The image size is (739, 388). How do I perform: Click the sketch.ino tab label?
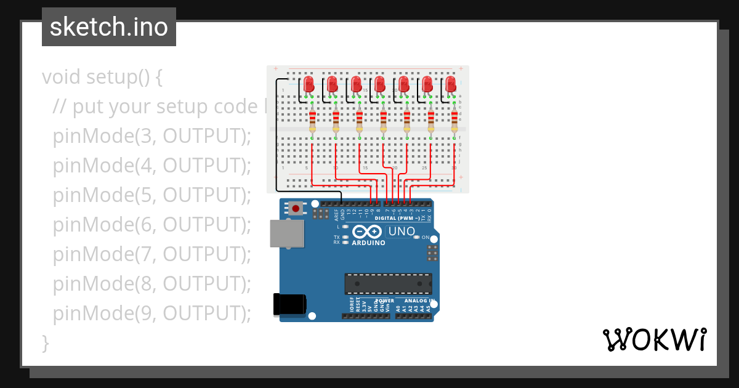(x=108, y=27)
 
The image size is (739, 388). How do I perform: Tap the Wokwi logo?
(x=653, y=339)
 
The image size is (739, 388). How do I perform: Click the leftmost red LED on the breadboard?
(x=309, y=84)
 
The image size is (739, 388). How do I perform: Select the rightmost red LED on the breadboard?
(x=451, y=84)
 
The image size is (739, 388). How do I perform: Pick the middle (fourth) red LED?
(x=380, y=84)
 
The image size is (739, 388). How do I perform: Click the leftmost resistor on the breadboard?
(x=312, y=121)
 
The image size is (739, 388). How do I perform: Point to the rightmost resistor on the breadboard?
(x=454, y=121)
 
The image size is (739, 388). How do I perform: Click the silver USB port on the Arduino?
(x=287, y=233)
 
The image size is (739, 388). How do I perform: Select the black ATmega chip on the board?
(x=387, y=283)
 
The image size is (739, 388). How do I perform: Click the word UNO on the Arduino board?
(x=401, y=232)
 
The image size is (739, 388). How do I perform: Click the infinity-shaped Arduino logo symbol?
(x=368, y=232)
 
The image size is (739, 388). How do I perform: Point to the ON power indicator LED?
(x=417, y=237)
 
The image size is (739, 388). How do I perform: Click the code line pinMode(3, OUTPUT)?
(x=152, y=136)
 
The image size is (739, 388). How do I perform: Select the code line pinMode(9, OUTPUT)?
(x=152, y=313)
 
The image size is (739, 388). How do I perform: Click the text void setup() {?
(x=102, y=77)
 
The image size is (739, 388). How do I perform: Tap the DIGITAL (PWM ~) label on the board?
(x=397, y=219)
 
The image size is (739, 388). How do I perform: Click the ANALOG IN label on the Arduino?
(x=419, y=301)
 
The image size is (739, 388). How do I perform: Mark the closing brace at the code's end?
(x=45, y=342)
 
